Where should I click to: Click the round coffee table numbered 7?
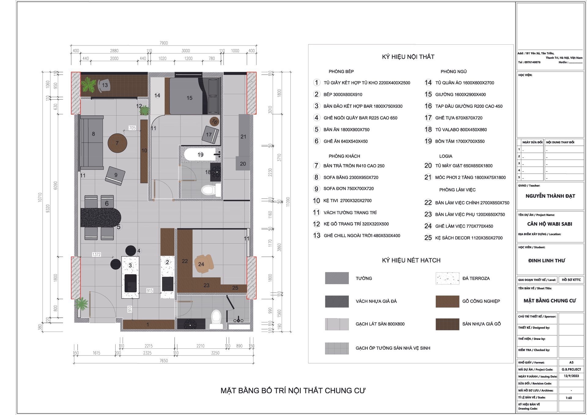[x=117, y=143]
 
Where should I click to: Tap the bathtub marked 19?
[x=200, y=154]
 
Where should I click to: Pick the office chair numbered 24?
[x=201, y=263]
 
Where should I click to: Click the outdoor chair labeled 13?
[x=104, y=85]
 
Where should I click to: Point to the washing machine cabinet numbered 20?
[x=243, y=163]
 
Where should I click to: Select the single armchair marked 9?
[x=115, y=176]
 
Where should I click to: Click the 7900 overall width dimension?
[x=164, y=43]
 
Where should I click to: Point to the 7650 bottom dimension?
[x=164, y=361]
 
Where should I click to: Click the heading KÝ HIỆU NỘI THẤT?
[x=408, y=57]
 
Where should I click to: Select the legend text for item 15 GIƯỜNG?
[x=460, y=94]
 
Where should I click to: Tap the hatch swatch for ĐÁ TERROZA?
[x=447, y=278]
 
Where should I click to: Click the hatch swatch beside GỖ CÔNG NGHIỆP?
[x=447, y=301]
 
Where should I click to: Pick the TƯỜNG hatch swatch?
[x=337, y=278]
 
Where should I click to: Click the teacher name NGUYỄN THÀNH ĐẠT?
[x=550, y=196]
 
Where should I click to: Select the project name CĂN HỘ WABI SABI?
[x=550, y=224]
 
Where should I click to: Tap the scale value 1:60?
[x=569, y=398]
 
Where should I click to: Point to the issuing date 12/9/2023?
[x=571, y=376]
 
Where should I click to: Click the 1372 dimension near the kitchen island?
[x=97, y=254]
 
